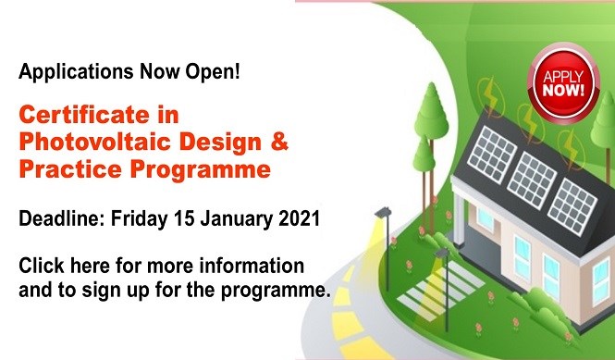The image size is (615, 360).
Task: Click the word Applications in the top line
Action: click(x=64, y=70)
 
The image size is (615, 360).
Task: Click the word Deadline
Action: click(x=60, y=219)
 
